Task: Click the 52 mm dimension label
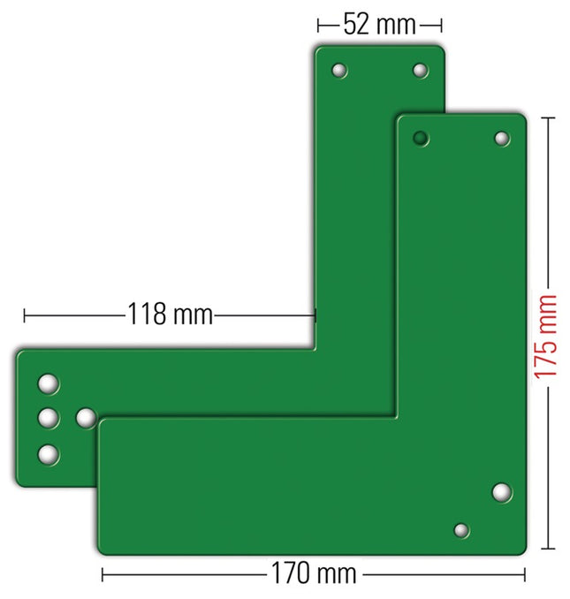pos(379,25)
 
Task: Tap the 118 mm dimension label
pos(170,314)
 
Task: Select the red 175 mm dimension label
pos(545,337)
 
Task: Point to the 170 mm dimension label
pos(314,573)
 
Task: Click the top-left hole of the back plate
pos(339,71)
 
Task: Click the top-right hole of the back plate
pos(421,71)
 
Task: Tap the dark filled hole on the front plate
pos(421,138)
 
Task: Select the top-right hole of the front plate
pos(502,139)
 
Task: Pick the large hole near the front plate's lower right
pos(502,492)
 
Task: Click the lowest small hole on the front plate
pos(461,530)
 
